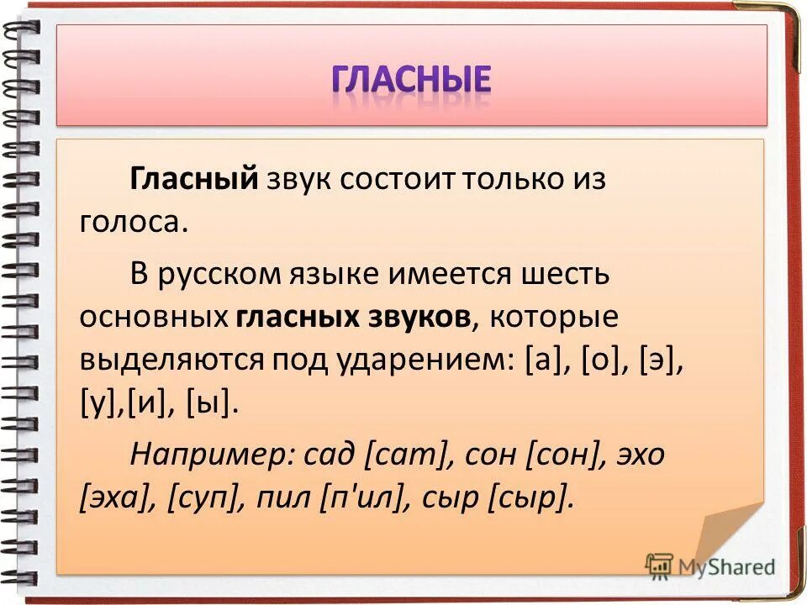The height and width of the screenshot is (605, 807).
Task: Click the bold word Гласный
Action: [x=193, y=180]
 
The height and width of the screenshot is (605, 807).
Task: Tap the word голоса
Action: [x=129, y=224]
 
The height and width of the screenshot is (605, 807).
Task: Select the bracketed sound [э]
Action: [x=661, y=361]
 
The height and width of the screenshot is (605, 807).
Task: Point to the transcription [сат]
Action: [x=404, y=455]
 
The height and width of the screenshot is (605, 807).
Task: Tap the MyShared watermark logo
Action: [x=710, y=566]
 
